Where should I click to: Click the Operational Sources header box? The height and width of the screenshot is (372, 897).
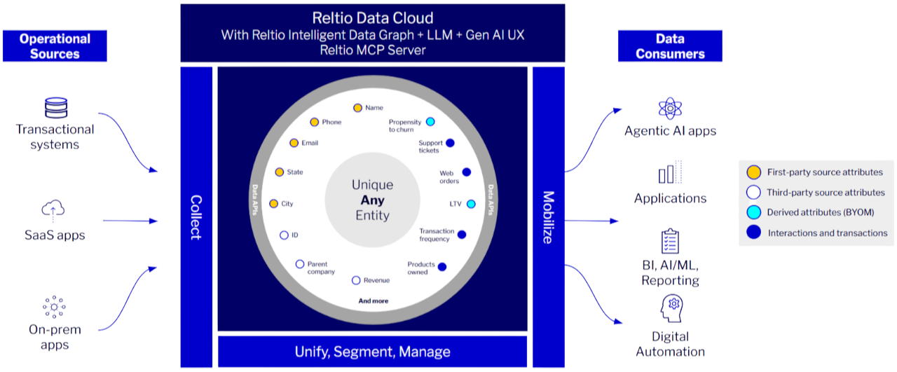coord(55,46)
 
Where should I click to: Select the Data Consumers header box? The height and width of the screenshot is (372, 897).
coord(670,46)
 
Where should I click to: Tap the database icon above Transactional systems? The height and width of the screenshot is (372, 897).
coord(55,108)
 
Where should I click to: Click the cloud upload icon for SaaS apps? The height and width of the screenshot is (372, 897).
coord(55,210)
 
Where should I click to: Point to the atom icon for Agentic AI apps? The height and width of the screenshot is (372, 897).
coord(670,109)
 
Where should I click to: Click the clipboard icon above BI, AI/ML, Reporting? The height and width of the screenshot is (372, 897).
coord(670,241)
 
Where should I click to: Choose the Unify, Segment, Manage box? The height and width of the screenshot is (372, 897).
coord(372,352)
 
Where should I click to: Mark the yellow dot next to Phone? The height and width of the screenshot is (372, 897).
coord(315,122)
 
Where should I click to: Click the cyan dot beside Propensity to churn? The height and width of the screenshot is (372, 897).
coord(430,122)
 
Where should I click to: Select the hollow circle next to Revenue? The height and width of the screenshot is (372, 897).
coord(356,280)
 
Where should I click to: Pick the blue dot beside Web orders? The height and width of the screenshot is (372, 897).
coord(466,172)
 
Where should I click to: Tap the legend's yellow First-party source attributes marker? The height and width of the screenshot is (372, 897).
coord(753,172)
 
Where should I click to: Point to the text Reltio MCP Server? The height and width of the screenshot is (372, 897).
coord(372,50)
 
